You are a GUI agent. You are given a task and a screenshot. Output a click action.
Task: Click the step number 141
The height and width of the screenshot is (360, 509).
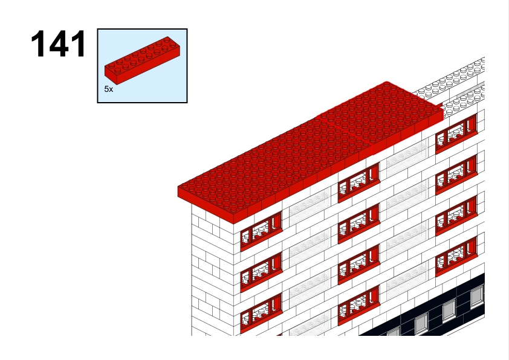pos(59,43)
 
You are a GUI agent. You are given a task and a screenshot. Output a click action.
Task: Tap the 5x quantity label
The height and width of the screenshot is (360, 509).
pos(109,89)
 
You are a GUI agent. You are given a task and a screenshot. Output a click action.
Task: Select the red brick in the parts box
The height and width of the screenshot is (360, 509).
pos(142,60)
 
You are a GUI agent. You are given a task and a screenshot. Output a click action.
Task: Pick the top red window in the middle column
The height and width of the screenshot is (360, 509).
pos(358,182)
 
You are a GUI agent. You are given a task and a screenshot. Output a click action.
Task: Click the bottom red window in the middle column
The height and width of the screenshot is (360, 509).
pos(358,306)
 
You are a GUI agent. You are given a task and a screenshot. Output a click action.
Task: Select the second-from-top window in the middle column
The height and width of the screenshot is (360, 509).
pos(358,223)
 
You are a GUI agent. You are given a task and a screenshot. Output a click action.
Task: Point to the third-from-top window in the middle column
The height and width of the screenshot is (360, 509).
pos(358,265)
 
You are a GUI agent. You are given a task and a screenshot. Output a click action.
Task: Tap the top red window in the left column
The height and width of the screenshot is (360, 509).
pos(261,231)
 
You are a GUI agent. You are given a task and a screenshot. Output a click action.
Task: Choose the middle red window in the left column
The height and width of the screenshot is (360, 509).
pos(261,272)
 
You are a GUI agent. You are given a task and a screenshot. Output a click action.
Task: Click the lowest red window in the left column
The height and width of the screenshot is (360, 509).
pos(261,313)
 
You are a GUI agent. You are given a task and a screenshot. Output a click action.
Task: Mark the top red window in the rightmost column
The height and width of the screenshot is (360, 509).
pos(456,133)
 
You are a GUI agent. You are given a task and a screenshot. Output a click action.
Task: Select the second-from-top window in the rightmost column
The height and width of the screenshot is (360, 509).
pos(456,175)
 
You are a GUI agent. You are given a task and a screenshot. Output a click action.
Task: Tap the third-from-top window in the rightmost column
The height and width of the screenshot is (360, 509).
pos(456,216)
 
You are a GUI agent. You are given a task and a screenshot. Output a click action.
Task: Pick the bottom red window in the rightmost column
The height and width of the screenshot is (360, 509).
pos(456,257)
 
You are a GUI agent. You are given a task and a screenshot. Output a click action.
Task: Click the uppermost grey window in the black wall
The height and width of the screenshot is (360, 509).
pos(477,296)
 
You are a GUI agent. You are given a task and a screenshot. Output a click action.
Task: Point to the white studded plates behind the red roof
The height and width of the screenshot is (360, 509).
pos(455,86)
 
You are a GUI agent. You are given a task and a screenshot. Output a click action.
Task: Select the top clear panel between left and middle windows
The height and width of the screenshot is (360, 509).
pos(310,206)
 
